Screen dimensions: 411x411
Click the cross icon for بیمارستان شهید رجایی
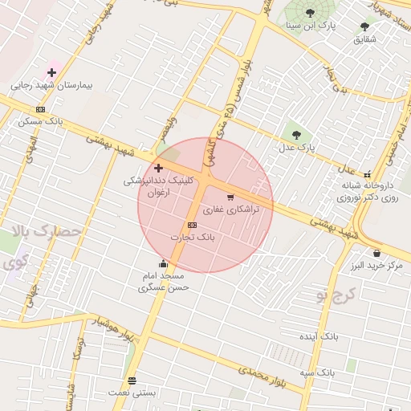[52, 72]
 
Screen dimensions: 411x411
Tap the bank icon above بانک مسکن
[40, 109]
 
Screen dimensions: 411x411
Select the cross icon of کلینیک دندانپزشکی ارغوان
[158, 168]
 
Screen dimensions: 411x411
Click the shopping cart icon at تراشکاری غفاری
[230, 197]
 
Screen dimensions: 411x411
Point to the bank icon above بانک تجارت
[192, 225]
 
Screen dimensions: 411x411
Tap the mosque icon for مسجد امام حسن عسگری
[164, 263]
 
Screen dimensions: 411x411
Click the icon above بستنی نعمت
[132, 380]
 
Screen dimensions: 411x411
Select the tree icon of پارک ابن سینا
[311, 13]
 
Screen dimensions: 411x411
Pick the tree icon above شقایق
[365, 26]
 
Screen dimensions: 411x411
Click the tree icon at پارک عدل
[296, 135]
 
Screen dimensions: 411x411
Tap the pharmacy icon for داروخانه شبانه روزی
[367, 174]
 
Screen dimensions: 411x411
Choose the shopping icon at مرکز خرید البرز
[376, 253]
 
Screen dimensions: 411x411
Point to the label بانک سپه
[319, 373]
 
